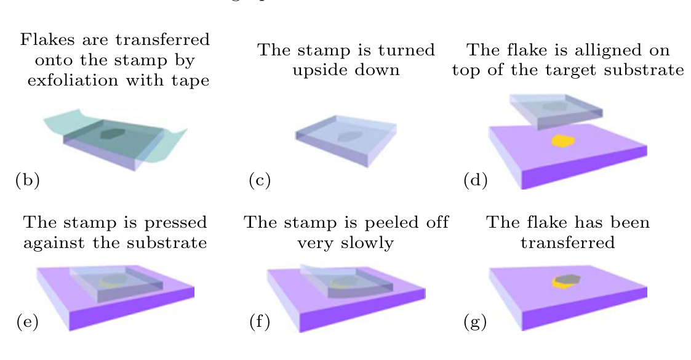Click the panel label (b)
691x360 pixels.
coord(27,180)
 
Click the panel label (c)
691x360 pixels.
coord(260,180)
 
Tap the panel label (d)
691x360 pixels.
coord(475,180)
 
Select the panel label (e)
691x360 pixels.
coord(27,321)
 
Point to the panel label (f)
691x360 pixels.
coord(260,321)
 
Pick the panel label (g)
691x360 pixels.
coord(475,321)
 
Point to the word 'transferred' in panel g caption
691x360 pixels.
coord(567,242)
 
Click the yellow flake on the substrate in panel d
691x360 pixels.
coord(562,141)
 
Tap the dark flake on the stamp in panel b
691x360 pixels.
coord(113,134)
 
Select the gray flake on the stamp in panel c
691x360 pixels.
coord(348,136)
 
